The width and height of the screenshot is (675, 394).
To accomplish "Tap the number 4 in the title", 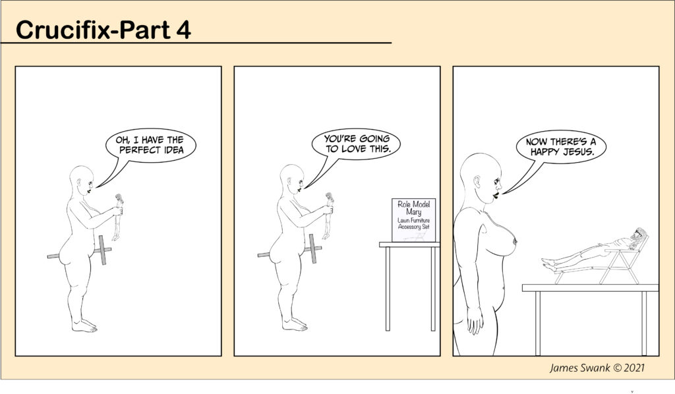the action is click(183, 30).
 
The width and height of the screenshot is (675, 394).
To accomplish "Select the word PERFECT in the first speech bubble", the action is click(136, 150).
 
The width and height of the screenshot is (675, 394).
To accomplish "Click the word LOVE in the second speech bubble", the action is click(355, 150).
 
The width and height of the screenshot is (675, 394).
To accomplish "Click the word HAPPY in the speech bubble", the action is click(544, 152).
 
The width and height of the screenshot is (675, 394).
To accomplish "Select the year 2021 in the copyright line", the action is click(634, 368).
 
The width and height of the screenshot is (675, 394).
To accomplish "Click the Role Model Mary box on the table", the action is click(414, 220).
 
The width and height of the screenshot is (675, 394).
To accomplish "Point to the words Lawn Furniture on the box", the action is click(414, 221).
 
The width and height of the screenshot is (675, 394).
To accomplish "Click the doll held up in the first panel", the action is click(117, 217).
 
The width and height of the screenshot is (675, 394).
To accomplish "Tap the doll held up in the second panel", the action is click(328, 215).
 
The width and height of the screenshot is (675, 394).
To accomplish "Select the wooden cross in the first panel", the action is click(102, 250).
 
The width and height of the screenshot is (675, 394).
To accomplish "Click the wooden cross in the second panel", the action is click(312, 249).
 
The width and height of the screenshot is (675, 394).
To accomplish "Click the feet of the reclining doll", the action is click(548, 264).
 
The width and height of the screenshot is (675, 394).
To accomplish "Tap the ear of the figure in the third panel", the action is click(477, 181).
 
